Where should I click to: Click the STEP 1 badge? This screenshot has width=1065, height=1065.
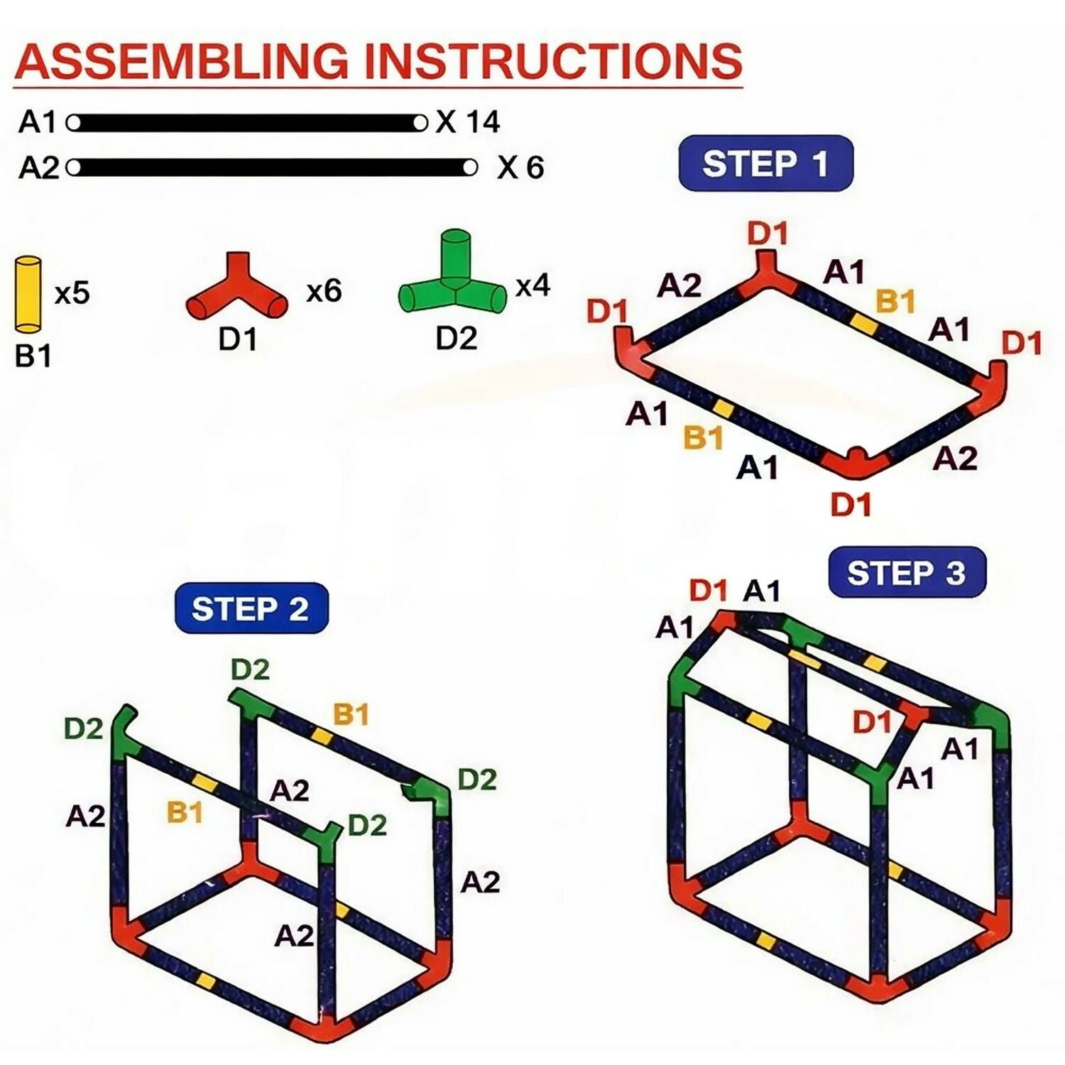tap(765, 163)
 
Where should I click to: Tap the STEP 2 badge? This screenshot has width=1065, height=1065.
tap(251, 608)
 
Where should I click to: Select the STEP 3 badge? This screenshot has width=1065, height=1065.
tap(907, 572)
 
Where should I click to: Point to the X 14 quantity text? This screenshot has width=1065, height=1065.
tap(469, 122)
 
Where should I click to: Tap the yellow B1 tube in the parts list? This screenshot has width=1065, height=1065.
tap(28, 295)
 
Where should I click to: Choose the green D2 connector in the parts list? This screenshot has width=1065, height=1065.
tap(454, 278)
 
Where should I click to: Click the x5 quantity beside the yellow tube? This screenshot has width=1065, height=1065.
tap(72, 293)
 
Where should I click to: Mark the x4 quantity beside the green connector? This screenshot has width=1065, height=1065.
tap(532, 286)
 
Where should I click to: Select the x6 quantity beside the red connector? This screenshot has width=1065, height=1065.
tap(324, 291)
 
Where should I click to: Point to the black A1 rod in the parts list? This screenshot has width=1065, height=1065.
tap(246, 123)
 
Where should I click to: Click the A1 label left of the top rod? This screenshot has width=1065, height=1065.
tap(37, 122)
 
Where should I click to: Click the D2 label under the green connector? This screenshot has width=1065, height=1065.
tap(456, 339)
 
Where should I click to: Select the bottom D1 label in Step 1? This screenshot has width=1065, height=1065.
tap(851, 505)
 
